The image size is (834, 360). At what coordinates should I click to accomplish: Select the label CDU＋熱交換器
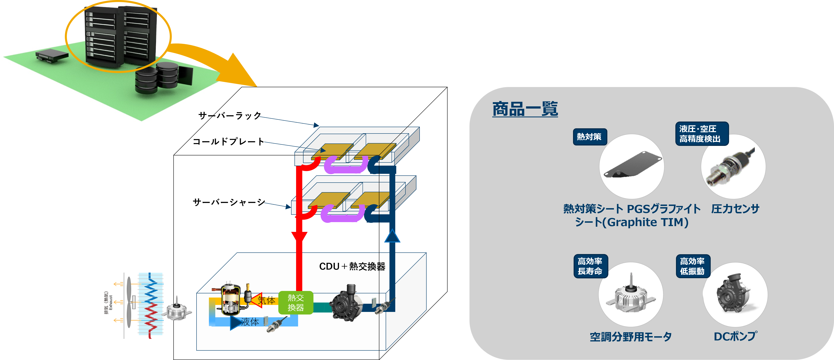click(352, 266)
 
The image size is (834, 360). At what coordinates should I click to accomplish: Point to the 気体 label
click(266, 300)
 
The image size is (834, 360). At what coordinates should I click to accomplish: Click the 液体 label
click(250, 322)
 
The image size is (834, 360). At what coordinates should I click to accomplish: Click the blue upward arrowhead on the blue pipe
click(392, 236)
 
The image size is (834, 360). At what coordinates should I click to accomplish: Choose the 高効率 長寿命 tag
click(590, 266)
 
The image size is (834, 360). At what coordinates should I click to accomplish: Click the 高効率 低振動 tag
click(693, 266)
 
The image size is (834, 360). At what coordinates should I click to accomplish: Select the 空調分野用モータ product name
click(630, 337)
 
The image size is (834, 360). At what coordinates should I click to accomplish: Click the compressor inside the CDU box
click(230, 300)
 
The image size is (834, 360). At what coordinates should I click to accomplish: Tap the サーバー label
click(215, 116)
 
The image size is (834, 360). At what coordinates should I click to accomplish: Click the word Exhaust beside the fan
click(111, 302)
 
